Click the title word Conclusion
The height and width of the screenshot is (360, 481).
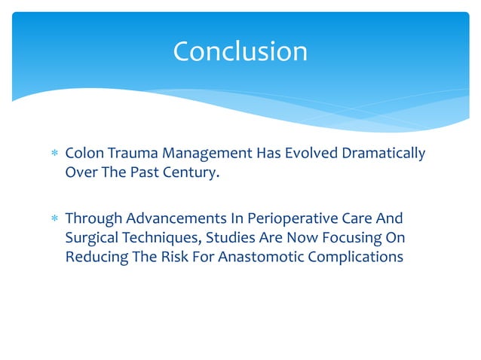coord(240,51)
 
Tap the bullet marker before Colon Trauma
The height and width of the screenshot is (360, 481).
coord(53,154)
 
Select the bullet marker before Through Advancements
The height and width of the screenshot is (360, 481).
coord(53,219)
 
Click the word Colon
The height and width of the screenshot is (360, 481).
coord(82,154)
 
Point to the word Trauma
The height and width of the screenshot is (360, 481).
coord(124,154)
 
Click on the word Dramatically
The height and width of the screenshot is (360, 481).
coord(384,154)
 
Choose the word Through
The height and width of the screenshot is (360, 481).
coord(90,218)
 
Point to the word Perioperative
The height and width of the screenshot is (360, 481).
coord(286,218)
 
